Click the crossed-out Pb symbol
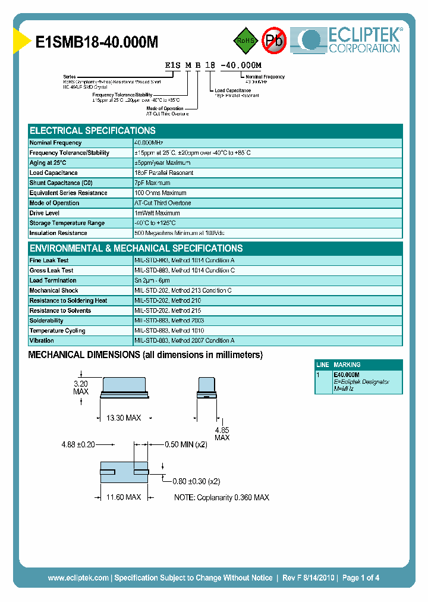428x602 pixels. click(x=274, y=40)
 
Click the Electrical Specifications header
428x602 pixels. click(x=93, y=131)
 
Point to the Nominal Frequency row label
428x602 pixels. click(x=55, y=143)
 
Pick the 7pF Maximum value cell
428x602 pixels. click(x=152, y=183)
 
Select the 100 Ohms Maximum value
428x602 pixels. click(x=160, y=193)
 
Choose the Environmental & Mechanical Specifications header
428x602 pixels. click(x=136, y=249)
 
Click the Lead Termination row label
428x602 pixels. click(x=53, y=281)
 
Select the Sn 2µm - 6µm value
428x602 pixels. click(x=152, y=281)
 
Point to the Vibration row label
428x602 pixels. click(x=42, y=341)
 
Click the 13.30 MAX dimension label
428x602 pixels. click(x=124, y=418)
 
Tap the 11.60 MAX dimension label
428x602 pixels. click(x=124, y=497)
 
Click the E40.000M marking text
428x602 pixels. click(x=347, y=375)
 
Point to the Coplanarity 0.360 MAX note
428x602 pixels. click(x=222, y=497)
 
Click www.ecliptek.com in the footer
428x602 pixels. click(x=78, y=578)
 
